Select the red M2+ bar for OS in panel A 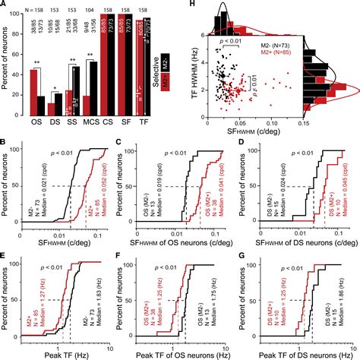(33, 101)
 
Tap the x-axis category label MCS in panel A (90, 143)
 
